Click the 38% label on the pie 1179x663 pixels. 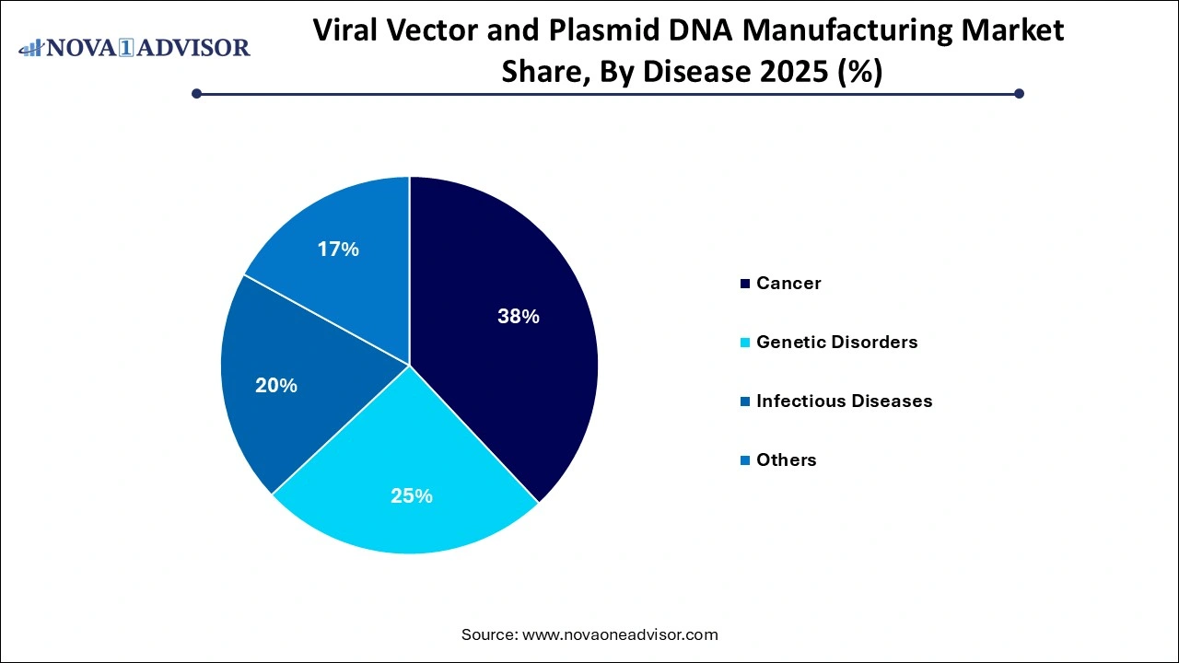518,317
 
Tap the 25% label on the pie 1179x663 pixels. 412,495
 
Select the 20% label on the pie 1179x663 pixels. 276,386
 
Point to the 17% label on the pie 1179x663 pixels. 337,250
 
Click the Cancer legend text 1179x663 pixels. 788,283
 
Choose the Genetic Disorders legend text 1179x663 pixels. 836,342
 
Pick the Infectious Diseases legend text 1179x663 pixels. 844,401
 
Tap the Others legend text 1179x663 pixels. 786,459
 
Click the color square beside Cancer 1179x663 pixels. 744,284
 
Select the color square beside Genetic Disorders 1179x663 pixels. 744,343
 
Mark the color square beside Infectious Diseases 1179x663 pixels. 744,401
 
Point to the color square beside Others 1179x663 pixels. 744,460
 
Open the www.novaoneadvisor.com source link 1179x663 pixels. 620,634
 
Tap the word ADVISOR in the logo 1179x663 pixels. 194,47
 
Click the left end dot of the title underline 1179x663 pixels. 196,93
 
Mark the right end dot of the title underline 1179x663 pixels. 1019,93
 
